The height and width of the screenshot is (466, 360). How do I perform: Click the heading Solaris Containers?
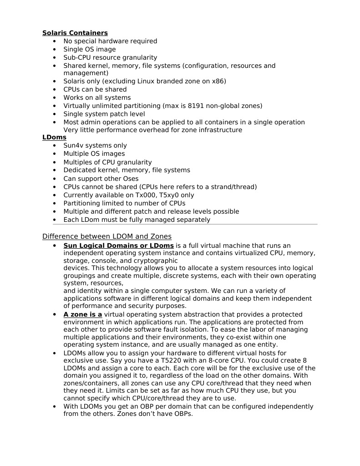(x=75, y=33)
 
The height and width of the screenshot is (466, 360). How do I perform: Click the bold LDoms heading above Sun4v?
(x=54, y=137)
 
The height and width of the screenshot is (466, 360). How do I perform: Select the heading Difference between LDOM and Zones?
(x=106, y=236)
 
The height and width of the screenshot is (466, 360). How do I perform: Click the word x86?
(x=218, y=81)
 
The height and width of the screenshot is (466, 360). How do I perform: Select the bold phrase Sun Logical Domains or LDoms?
(x=118, y=246)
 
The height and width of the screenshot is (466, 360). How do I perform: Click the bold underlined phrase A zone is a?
(x=82, y=314)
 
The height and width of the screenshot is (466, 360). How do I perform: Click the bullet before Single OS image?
(x=55, y=49)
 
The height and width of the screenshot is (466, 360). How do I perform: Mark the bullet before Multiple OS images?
(x=55, y=154)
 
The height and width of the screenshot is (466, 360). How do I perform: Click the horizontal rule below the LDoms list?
(x=185, y=224)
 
